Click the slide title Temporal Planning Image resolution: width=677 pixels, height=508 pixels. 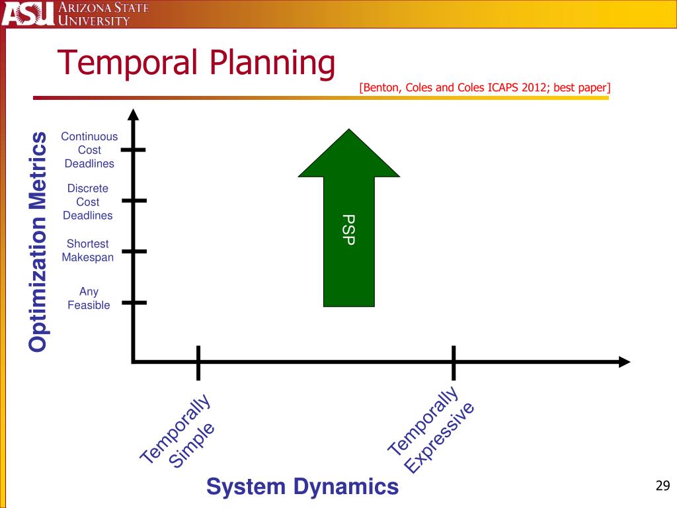(x=196, y=64)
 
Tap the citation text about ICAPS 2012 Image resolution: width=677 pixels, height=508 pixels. (x=485, y=88)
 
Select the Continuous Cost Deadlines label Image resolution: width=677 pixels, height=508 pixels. (x=89, y=150)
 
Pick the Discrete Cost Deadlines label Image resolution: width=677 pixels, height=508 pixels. (x=88, y=202)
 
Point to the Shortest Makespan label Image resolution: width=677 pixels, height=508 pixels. (x=88, y=251)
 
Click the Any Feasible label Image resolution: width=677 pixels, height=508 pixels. (x=89, y=298)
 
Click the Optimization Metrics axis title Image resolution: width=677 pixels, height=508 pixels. (x=38, y=241)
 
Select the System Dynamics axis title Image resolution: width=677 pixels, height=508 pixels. (x=302, y=487)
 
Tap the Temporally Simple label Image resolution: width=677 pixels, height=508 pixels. (x=177, y=433)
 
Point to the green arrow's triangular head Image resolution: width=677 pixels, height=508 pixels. (x=348, y=155)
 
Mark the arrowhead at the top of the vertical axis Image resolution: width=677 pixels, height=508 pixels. (x=134, y=116)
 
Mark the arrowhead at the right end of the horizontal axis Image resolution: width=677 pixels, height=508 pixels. (x=623, y=362)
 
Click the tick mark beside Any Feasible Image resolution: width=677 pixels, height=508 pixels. (x=134, y=302)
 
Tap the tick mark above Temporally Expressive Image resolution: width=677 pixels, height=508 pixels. (x=454, y=362)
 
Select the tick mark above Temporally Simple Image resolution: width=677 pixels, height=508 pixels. (x=198, y=362)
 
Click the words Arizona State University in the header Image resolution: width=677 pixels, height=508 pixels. (x=103, y=14)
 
